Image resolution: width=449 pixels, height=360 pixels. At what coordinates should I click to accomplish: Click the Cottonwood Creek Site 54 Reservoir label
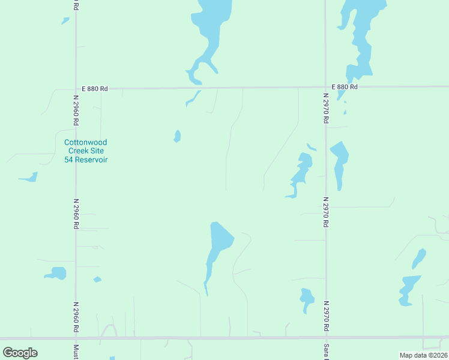(86, 151)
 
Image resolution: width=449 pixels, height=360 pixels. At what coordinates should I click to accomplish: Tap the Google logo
(20, 353)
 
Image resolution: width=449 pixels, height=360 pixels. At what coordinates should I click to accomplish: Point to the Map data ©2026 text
(424, 355)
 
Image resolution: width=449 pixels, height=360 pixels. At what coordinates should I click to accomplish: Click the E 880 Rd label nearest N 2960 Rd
(95, 89)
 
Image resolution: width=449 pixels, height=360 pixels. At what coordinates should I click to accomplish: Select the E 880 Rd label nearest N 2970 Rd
(343, 87)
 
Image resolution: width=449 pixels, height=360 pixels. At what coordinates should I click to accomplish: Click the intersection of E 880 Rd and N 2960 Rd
(76, 89)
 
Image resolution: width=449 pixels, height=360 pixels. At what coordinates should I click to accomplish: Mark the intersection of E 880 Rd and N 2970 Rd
(325, 87)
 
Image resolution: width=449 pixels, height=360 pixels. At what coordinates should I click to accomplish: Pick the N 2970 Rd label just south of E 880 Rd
(326, 109)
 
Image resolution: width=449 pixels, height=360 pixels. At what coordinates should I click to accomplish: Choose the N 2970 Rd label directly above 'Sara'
(326, 316)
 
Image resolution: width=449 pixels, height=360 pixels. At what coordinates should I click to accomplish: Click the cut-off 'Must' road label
(76, 352)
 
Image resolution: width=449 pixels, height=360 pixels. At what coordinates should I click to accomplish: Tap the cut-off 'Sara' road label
(326, 352)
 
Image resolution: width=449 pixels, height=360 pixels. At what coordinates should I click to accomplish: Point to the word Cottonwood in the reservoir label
(86, 143)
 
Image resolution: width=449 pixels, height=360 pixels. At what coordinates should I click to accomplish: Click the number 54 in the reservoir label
(69, 160)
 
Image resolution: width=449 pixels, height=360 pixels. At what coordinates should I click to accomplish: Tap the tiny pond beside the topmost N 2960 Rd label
(65, 20)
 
